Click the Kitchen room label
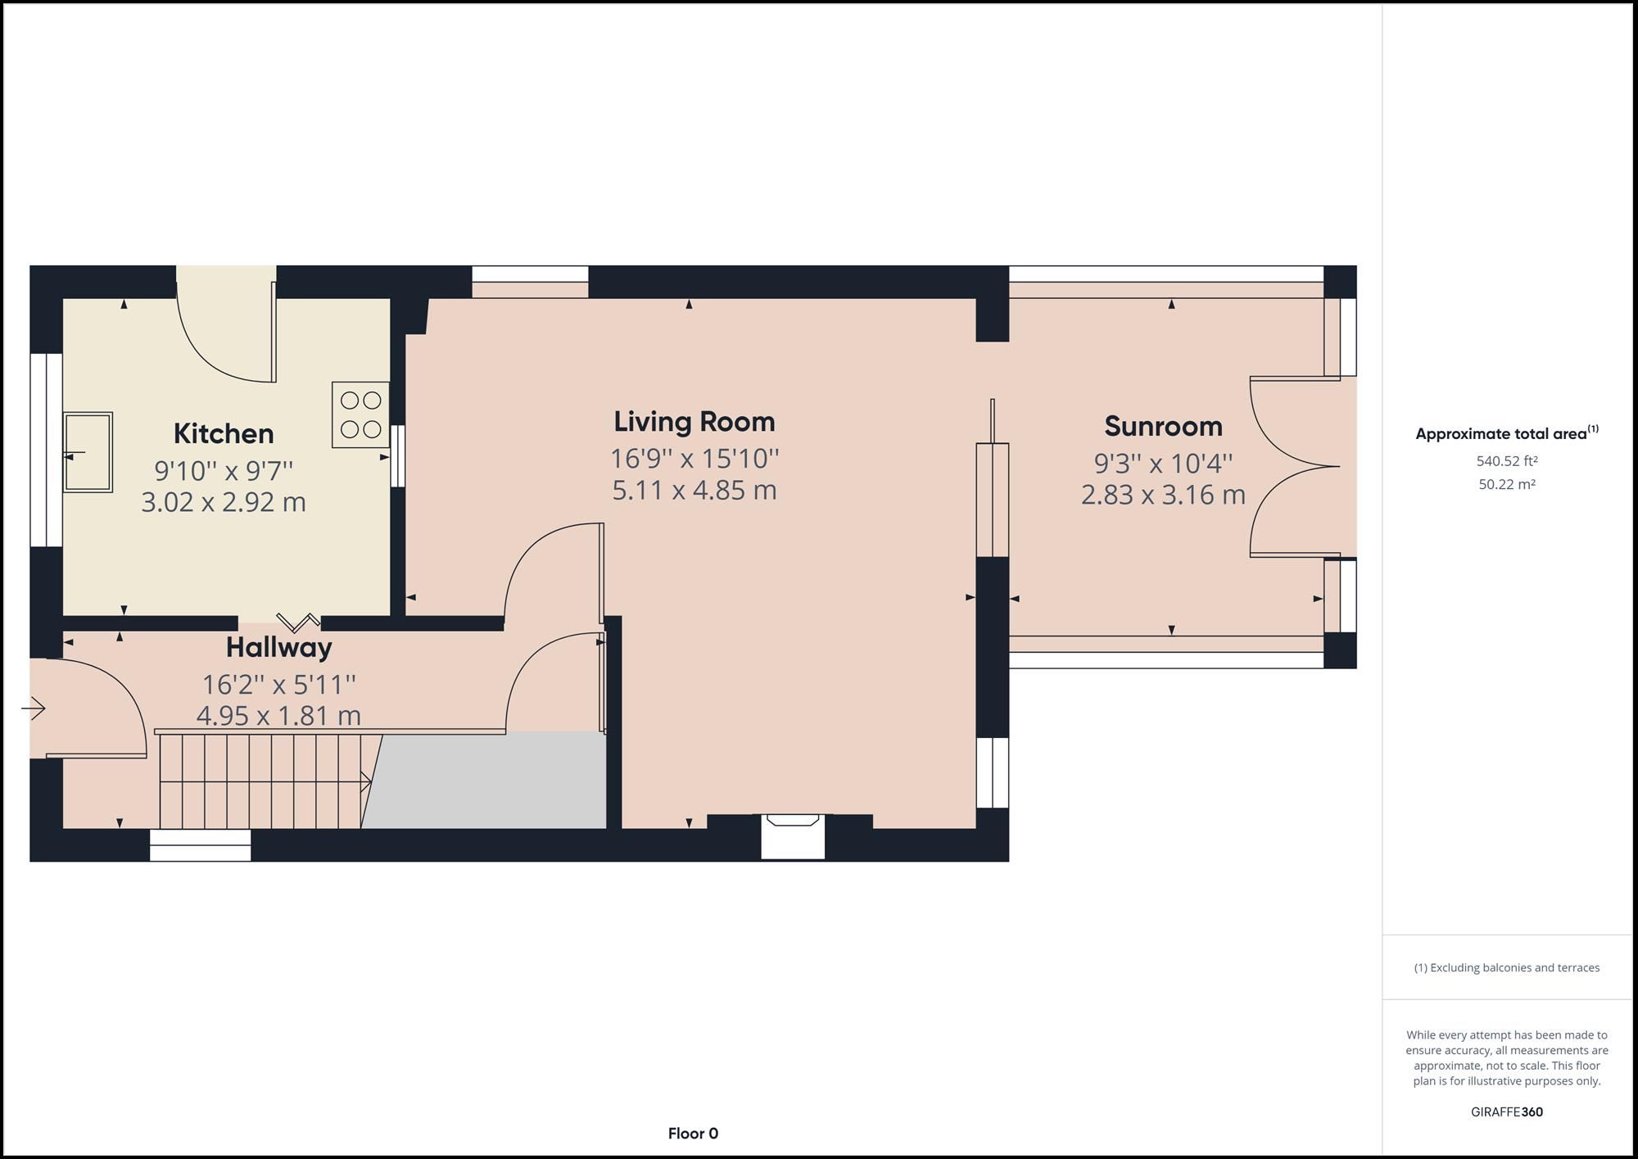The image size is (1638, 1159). tap(224, 433)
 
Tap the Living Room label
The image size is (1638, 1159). tap(695, 422)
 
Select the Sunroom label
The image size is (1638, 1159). tap(1163, 426)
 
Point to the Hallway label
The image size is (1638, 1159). tap(279, 648)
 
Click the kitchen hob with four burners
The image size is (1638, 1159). tap(360, 414)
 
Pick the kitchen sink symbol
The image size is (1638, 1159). tap(88, 452)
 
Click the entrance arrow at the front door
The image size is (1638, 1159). tap(34, 708)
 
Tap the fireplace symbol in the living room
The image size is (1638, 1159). tap(792, 836)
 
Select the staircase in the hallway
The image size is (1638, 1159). tap(265, 781)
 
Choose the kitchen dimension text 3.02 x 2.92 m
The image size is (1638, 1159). tap(224, 501)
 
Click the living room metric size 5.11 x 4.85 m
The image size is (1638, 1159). tap(695, 490)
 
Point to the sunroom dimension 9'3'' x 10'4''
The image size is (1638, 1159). tap(1163, 464)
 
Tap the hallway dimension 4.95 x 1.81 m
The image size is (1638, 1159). tap(278, 715)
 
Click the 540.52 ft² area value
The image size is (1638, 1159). tap(1507, 461)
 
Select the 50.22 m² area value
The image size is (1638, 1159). tap(1507, 484)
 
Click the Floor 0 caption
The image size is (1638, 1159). tap(693, 1134)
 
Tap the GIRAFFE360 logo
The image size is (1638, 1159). tap(1507, 1112)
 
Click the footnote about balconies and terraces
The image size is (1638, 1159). tap(1507, 967)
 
